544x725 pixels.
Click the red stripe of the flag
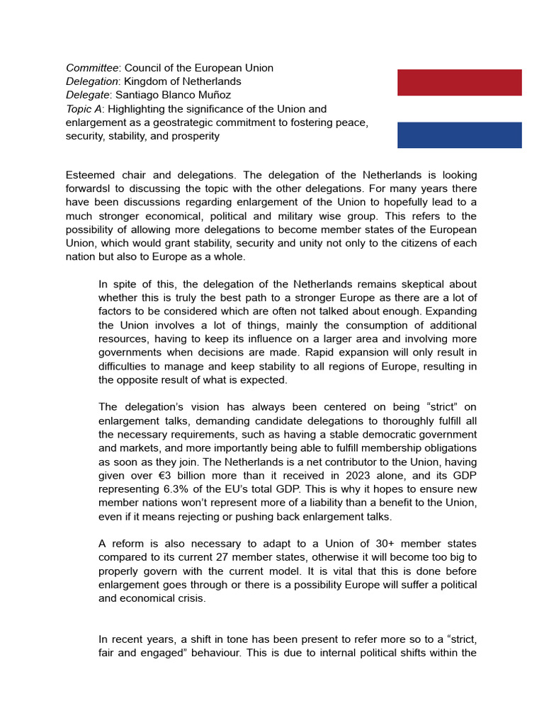(x=459, y=82)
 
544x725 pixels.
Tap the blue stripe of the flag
(x=459, y=135)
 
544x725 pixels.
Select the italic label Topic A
(x=84, y=109)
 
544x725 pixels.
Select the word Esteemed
(x=91, y=175)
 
